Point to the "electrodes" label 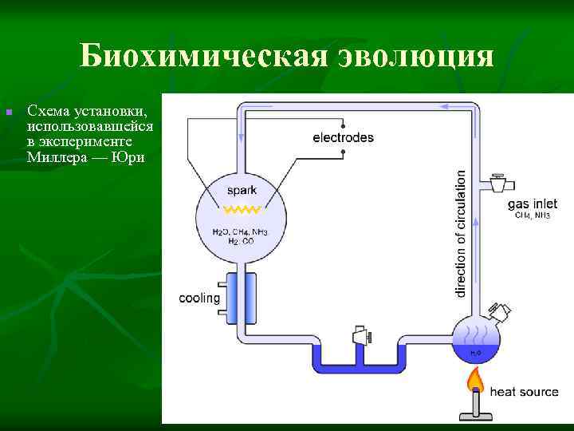point(343,137)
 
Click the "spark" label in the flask point(242,191)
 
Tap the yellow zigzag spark point(242,210)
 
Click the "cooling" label point(199,299)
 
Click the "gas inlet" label point(533,204)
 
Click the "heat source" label point(524,392)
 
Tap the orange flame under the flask point(476,378)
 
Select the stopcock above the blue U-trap point(360,334)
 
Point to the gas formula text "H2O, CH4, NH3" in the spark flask point(241,231)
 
